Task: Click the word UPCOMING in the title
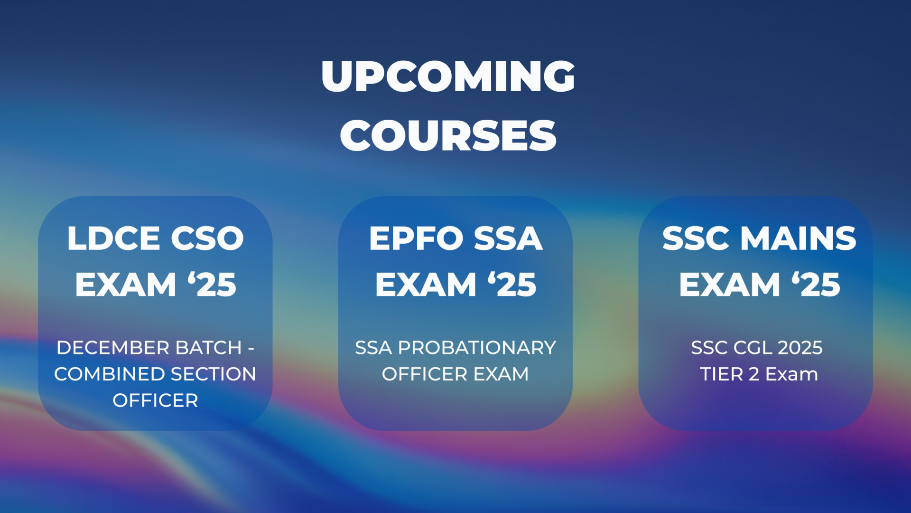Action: pos(448,76)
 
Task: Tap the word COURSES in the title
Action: pos(448,135)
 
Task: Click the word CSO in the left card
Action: pos(207,238)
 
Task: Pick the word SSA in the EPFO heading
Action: pos(508,238)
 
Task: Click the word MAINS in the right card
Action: pos(799,238)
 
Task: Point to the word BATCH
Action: pos(209,348)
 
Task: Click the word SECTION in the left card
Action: pos(214,374)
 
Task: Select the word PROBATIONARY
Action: pos(477,348)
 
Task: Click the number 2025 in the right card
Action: pos(800,348)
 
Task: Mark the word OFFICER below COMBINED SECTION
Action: pos(155,400)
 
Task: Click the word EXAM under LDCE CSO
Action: pos(126,285)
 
